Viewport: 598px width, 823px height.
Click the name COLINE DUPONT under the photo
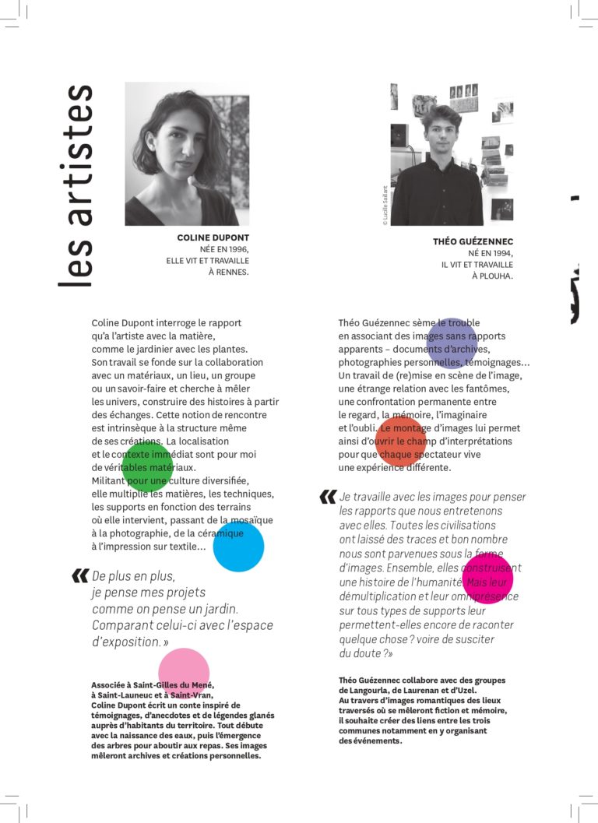coord(213,237)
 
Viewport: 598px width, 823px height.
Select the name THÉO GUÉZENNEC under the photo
coord(473,241)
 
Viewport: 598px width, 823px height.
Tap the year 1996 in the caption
coord(235,249)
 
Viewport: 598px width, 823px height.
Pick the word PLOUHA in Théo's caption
coord(494,276)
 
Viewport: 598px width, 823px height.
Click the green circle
coord(147,466)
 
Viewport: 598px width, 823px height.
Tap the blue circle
coord(238,547)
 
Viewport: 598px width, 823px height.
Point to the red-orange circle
coord(401,441)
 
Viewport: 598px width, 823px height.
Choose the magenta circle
coord(487,579)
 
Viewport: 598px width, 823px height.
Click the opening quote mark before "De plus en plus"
coord(79,576)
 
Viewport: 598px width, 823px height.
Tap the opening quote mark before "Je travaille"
coord(328,496)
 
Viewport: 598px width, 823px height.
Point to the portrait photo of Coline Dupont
coord(187,153)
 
